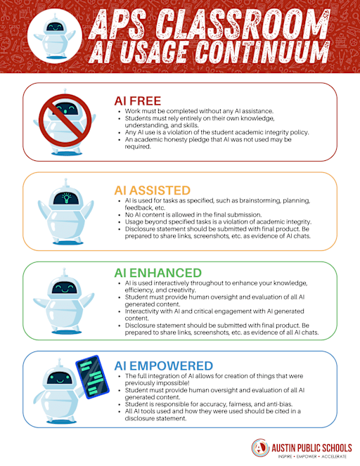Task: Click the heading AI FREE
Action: pos(137,101)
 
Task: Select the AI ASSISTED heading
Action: pos(152,190)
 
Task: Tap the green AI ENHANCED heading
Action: pos(158,273)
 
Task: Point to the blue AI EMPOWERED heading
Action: pos(164,366)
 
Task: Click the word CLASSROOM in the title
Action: pos(243,23)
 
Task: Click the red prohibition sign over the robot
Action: pos(65,120)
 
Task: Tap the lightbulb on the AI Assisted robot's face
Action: pos(66,198)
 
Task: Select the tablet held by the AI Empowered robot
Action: pos(92,377)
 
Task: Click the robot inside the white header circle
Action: pos(54,37)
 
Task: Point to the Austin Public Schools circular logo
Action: pos(260,447)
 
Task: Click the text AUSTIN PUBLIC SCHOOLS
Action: pos(311,448)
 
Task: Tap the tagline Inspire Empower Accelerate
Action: pos(312,456)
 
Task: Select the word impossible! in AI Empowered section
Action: pos(173,383)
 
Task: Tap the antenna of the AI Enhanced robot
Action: pos(64,273)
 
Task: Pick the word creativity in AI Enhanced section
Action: pos(181,290)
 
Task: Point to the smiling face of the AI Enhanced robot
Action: pos(65,287)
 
